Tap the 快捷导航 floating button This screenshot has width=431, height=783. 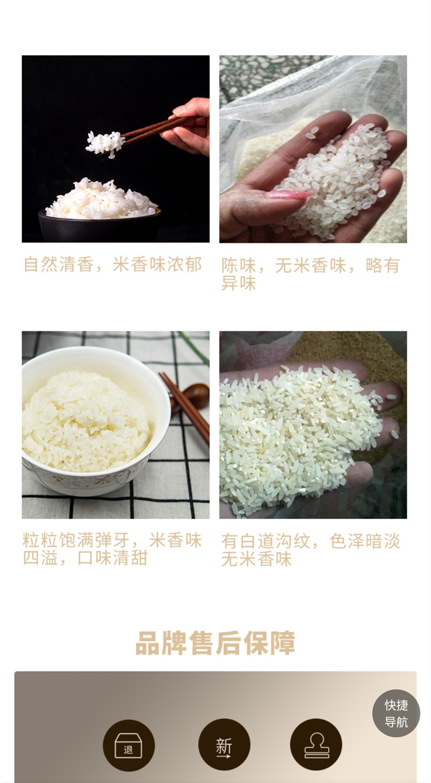point(396,713)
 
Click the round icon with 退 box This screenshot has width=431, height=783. point(128,746)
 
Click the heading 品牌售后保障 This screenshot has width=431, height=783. point(215,642)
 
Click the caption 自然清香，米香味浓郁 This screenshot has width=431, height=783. point(113,264)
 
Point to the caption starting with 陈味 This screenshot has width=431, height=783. point(311,274)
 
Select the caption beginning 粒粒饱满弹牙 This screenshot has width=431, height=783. point(112,549)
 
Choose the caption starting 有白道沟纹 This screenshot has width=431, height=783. point(311,550)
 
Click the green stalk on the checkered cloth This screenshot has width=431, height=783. point(194,348)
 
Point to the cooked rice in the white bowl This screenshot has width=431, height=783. point(85,421)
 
